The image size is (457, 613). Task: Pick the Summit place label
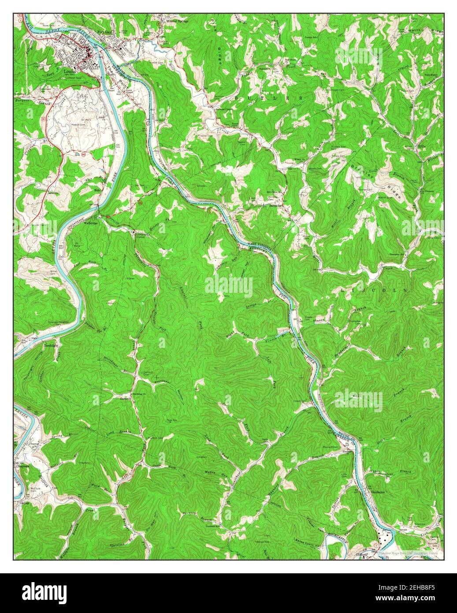[x=126, y=398]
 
